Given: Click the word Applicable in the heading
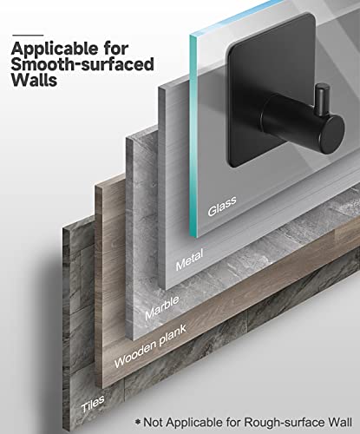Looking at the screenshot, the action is pos(55,49).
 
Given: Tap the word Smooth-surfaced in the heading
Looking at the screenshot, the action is pos(82,64).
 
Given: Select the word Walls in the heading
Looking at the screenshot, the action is pos(34,80).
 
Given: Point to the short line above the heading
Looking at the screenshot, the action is pos(28,36).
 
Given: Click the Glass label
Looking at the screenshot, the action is pos(222,206).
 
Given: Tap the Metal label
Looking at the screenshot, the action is pos(189,260).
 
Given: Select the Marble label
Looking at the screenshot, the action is pos(162,308).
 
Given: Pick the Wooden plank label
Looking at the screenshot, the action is pos(150,346).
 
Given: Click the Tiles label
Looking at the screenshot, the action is pos(93,404).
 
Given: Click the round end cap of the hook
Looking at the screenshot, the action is pos(332,132).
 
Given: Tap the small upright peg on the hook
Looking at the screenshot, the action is pos(322,98).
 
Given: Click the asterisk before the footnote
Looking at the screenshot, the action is pos(138,422).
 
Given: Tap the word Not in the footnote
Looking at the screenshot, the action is pos(154,422).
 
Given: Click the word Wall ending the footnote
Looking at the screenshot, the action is pos(340,422).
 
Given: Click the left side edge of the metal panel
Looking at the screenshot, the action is pos(161,188).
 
